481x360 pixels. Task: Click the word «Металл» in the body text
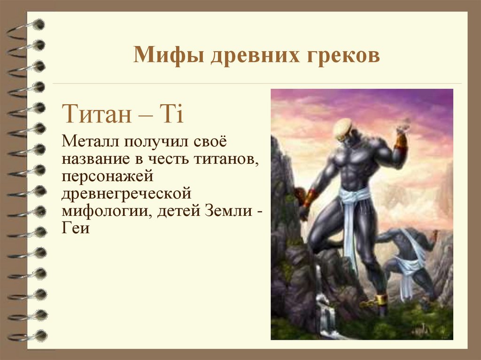pos(92,140)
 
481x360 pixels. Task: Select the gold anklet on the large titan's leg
pos(380,299)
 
